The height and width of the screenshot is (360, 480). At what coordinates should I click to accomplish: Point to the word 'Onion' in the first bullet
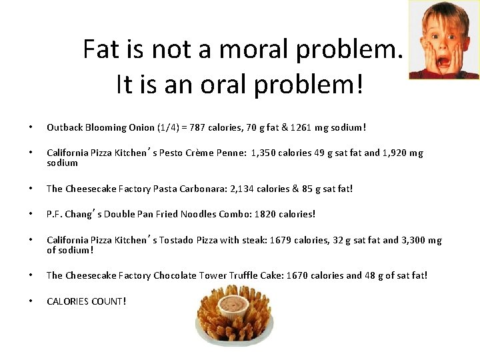click(x=140, y=127)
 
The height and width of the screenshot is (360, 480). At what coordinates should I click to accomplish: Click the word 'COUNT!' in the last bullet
click(x=108, y=301)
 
